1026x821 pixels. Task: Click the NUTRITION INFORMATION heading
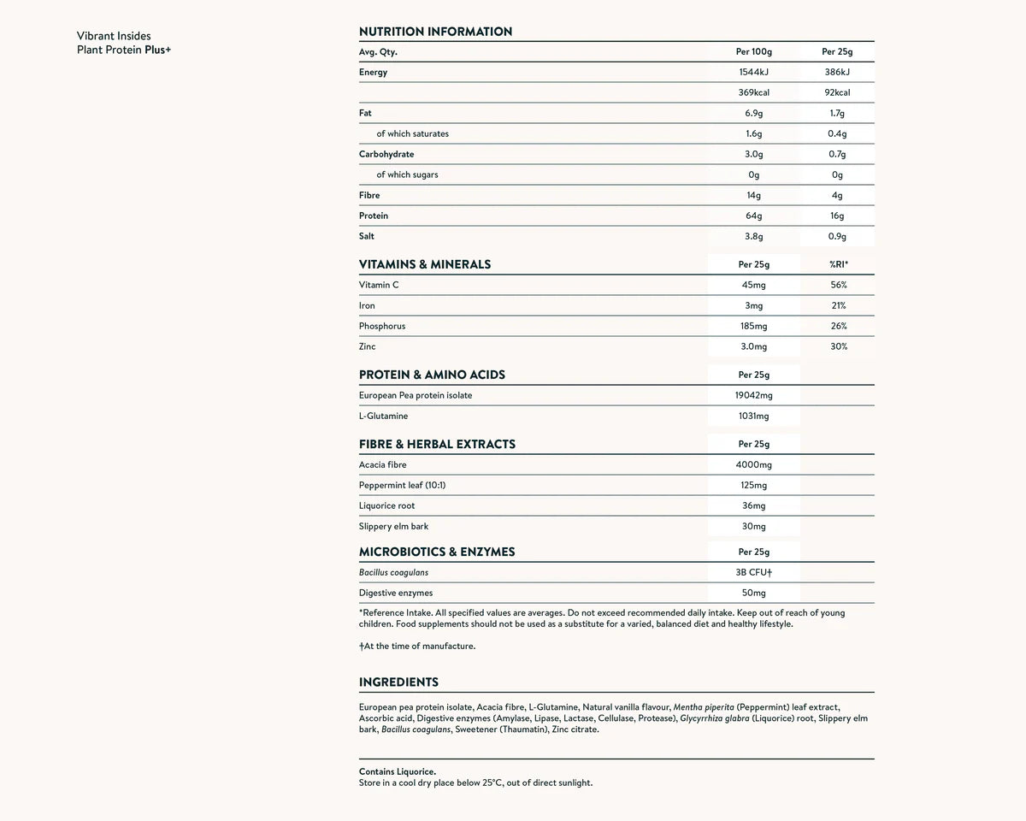pos(435,32)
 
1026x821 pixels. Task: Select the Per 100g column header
pos(753,52)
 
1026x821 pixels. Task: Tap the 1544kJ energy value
pos(753,73)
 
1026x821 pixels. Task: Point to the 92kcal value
pos(837,92)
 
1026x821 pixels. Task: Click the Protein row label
pos(374,216)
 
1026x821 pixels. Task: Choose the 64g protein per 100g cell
pos(753,216)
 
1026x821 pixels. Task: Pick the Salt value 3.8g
pos(753,237)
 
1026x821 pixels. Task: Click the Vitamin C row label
pos(379,285)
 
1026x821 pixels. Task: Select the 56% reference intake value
pos(838,285)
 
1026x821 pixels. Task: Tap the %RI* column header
pos(838,265)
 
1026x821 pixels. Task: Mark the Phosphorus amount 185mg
pos(753,326)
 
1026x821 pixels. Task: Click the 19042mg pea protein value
pos(753,395)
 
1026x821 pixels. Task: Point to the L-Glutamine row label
pos(383,416)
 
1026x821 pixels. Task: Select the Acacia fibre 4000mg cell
pos(753,464)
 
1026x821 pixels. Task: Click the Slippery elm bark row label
pos(393,526)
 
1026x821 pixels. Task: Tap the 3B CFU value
pos(753,572)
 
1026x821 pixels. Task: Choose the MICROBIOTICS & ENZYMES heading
pos(437,552)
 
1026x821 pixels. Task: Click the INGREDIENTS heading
pos(398,682)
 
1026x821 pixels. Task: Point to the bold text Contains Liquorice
pos(398,771)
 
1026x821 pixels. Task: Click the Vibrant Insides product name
pos(114,36)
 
